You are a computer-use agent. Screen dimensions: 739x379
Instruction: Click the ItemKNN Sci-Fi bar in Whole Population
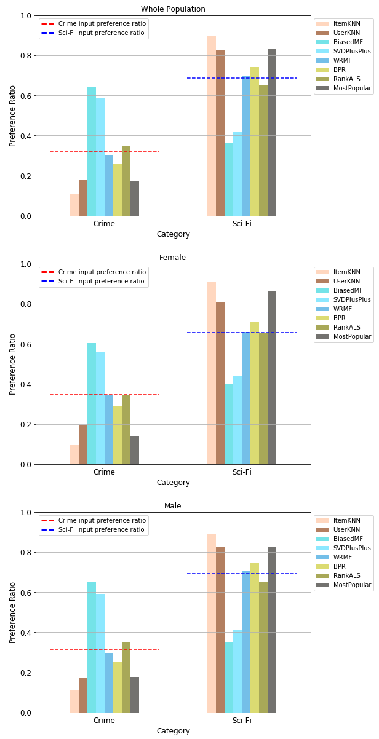(212, 126)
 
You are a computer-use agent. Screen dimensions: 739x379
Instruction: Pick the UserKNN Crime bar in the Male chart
(83, 695)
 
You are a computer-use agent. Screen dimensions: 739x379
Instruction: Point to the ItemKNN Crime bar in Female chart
(74, 454)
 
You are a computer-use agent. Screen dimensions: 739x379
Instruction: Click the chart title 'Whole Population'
(173, 9)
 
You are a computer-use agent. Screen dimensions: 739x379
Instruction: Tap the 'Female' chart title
(173, 258)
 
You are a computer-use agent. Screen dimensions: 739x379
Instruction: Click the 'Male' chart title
(173, 506)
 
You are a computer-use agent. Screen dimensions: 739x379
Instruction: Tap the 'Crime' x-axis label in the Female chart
(105, 472)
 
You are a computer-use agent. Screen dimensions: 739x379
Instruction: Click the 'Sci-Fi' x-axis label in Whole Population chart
(242, 224)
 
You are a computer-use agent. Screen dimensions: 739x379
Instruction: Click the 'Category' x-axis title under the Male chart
(173, 731)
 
